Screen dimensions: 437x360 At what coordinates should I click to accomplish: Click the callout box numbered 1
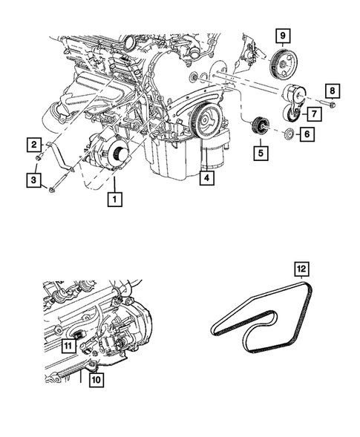pyautogui.click(x=114, y=199)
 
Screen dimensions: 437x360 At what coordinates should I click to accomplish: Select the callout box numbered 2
pyautogui.click(x=34, y=143)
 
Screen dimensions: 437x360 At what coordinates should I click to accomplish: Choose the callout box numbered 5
pyautogui.click(x=261, y=154)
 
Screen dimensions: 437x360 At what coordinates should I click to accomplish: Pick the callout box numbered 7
pyautogui.click(x=314, y=114)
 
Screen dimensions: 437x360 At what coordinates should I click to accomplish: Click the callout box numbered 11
pyautogui.click(x=68, y=345)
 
